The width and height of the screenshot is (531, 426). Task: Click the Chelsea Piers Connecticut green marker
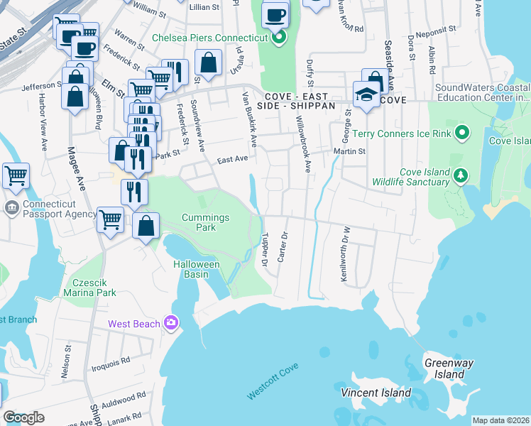(x=279, y=37)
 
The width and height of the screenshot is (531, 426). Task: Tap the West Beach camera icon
(x=170, y=324)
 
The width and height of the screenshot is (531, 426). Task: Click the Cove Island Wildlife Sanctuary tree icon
(x=461, y=175)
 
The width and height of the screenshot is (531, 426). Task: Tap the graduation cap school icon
(x=366, y=94)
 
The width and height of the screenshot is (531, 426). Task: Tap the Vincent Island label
(x=376, y=393)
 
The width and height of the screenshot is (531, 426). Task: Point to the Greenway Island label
(x=449, y=368)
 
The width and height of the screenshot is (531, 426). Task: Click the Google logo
(x=23, y=417)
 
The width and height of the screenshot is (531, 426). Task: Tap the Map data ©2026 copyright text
(x=500, y=420)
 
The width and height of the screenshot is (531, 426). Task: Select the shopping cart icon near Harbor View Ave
(x=16, y=175)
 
